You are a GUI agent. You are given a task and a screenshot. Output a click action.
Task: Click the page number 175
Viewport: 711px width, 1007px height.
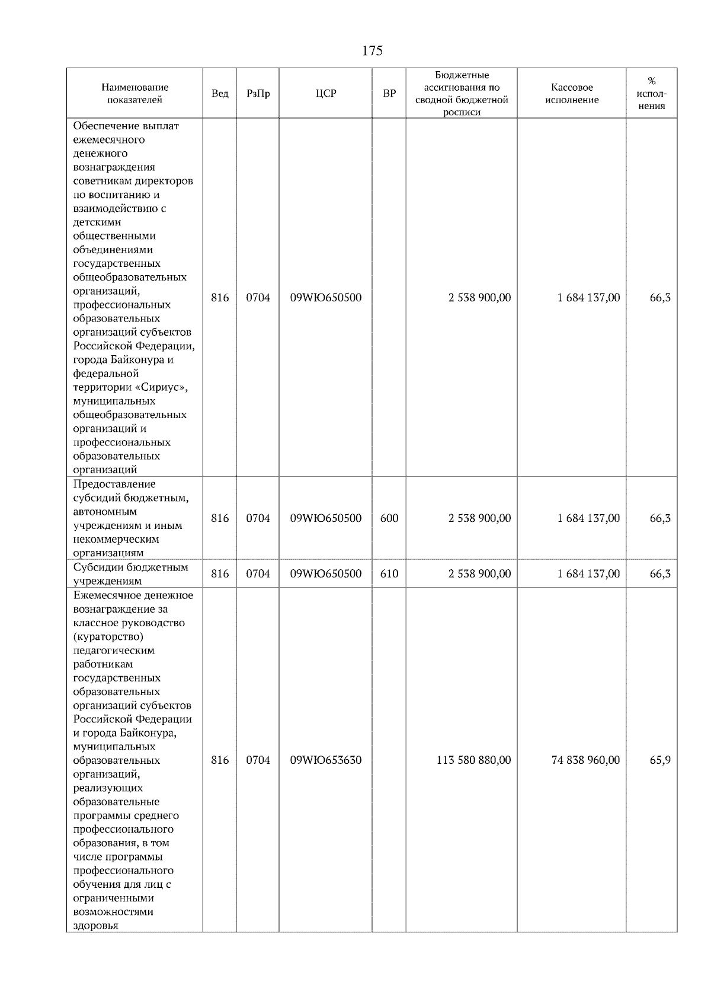[x=372, y=51]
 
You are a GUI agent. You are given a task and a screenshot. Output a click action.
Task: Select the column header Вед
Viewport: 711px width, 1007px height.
[x=220, y=94]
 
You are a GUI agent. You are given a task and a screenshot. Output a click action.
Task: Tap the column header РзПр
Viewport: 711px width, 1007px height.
[x=258, y=94]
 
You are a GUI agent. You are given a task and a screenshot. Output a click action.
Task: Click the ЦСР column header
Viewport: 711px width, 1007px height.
[x=325, y=94]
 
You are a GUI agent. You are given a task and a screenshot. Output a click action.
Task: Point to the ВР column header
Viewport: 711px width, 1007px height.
[x=389, y=94]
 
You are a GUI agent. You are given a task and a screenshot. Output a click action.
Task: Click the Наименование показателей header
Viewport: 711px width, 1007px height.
[x=134, y=94]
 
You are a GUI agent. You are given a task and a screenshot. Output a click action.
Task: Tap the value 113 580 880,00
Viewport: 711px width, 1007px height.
[x=473, y=760]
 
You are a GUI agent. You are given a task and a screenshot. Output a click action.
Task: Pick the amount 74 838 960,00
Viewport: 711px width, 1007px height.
[x=585, y=760]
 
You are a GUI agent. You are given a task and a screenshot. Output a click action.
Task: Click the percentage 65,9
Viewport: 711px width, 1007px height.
[x=660, y=760]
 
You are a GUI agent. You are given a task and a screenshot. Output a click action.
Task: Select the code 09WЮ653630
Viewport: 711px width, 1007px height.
[x=325, y=760]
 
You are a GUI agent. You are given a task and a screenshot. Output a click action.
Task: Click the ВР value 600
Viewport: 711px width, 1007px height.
[x=389, y=518]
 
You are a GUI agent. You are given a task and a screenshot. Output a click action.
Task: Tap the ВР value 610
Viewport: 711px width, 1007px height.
[x=389, y=574]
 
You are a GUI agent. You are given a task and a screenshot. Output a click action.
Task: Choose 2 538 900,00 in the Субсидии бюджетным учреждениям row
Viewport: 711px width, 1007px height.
[x=479, y=574]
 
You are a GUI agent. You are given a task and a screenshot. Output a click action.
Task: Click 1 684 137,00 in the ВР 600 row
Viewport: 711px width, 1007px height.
[x=588, y=518]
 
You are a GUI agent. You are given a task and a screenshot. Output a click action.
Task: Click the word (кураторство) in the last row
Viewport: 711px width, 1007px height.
[x=108, y=636]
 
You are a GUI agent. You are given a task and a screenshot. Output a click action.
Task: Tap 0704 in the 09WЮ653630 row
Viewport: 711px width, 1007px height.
[x=258, y=760]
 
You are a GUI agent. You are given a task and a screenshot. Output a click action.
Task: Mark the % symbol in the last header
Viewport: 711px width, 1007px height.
[x=652, y=81]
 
